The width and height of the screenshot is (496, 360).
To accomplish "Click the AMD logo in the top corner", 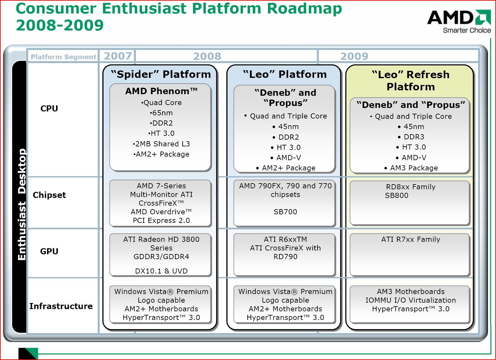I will click(459, 21).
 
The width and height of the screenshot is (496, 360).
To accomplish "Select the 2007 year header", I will click(118, 56).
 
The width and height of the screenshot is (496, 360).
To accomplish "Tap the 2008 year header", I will click(207, 56).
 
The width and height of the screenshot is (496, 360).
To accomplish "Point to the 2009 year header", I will click(354, 56).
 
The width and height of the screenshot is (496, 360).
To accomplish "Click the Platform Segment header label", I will click(63, 57).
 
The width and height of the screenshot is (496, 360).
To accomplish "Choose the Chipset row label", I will click(49, 195).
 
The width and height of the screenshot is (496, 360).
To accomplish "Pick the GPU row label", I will click(49, 251).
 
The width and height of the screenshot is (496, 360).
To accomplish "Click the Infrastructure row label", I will click(61, 306).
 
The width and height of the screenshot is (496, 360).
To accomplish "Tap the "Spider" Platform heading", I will click(161, 74).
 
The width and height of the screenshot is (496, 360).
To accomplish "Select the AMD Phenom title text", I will click(161, 91).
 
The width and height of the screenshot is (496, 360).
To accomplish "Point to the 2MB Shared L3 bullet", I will click(161, 144).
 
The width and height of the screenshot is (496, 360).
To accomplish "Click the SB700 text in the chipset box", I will click(285, 212).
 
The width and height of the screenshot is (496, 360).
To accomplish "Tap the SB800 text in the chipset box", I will click(396, 196).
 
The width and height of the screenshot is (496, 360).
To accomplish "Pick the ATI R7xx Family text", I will click(410, 240).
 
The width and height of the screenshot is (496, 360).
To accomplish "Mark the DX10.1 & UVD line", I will click(161, 271).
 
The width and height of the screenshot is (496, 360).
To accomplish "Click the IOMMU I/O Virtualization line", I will click(410, 300).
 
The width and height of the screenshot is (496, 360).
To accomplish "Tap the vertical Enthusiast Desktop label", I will click(21, 204).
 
